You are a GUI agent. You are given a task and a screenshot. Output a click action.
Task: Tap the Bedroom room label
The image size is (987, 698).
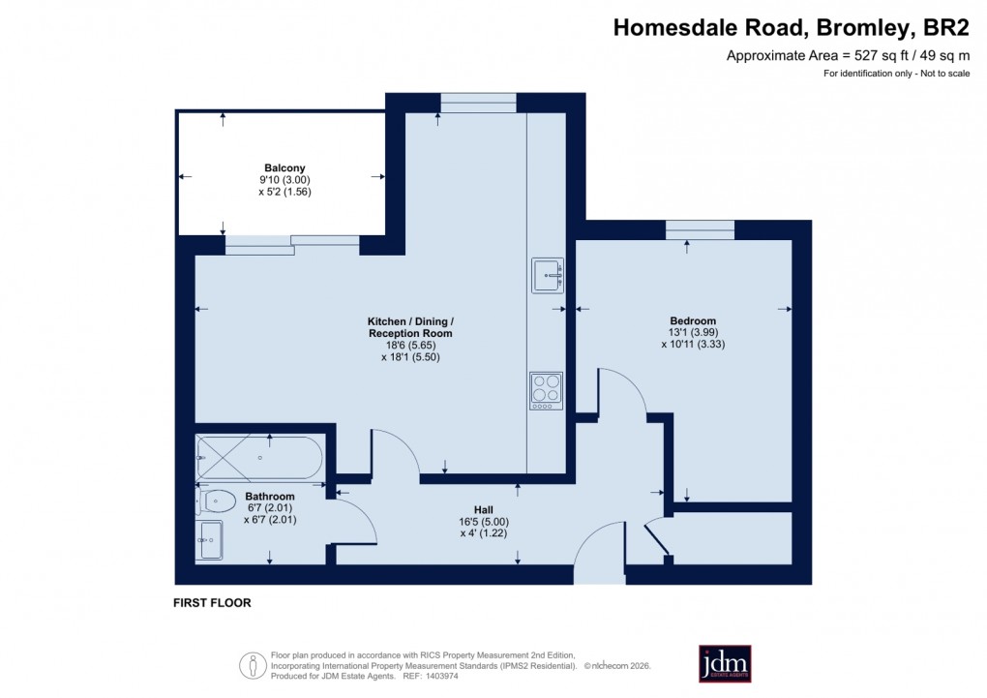(693, 321)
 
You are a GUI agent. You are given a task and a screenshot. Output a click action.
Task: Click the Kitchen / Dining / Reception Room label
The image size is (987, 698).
(410, 327)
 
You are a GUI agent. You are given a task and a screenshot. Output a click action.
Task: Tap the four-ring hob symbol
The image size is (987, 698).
(546, 389)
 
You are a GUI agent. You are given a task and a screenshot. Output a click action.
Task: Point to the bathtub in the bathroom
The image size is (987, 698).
(259, 458)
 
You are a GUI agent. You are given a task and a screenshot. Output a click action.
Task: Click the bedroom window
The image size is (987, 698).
(700, 229)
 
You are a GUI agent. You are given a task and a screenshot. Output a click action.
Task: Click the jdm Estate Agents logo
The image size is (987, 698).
(725, 663)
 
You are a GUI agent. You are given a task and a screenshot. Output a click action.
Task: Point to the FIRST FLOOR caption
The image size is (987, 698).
(212, 603)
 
